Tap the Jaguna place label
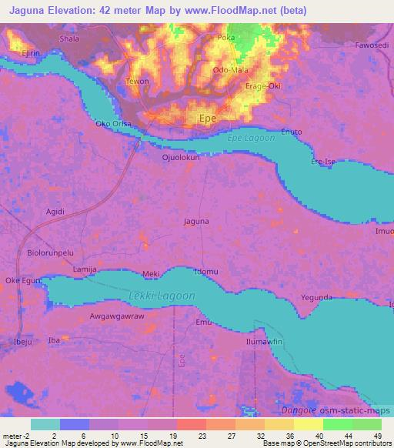point(195,222)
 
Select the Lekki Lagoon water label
point(162,296)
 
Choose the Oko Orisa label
point(110,123)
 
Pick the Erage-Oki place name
point(262,85)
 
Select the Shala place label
point(69,38)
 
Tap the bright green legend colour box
point(338,424)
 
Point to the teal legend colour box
point(45,424)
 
